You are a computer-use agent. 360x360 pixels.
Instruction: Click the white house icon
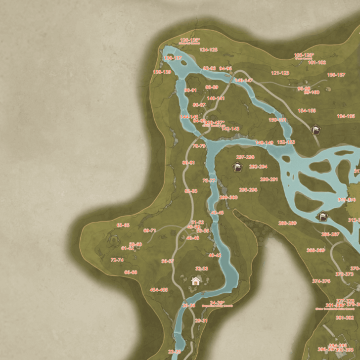[196, 281]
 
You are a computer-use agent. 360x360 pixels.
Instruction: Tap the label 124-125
[209, 50]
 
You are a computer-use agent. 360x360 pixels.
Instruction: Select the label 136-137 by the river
[173, 58]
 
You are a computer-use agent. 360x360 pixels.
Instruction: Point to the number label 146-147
[243, 80]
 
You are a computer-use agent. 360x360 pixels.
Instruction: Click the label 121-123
[280, 73]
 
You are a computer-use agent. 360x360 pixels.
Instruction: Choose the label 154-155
[307, 111]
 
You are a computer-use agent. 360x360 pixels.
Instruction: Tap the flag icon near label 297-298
[238, 167]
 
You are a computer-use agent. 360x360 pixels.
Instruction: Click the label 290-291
[269, 180]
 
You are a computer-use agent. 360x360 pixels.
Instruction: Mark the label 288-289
[287, 223]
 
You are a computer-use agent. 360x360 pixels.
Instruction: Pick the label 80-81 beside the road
[188, 163]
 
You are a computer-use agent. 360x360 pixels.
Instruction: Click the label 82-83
[191, 191]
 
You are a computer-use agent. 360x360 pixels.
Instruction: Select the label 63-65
[123, 225]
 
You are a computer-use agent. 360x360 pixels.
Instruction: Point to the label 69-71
[150, 230]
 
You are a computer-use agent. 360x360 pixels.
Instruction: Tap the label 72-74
[117, 260]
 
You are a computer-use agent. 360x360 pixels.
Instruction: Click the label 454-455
[159, 290]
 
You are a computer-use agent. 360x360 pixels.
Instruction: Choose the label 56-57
[168, 261]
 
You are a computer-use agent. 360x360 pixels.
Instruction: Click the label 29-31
[201, 320]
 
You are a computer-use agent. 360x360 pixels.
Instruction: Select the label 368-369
[315, 250]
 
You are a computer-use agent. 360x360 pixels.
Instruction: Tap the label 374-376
[321, 281]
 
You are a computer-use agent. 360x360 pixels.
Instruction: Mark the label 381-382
[345, 317]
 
